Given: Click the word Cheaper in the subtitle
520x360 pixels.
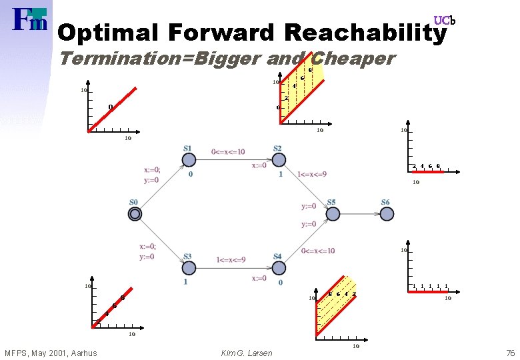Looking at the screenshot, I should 353,59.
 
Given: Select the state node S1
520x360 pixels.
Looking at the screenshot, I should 188,160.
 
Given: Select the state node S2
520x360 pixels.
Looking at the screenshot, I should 279,160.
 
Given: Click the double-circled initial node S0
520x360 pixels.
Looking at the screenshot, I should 135,213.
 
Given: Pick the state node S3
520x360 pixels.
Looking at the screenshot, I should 188,267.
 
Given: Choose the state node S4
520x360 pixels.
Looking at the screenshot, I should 279,267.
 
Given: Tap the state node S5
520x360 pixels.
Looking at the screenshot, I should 332,213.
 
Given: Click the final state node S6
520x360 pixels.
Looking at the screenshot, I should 386,213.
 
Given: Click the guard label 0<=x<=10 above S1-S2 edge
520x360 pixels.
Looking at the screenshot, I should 229,151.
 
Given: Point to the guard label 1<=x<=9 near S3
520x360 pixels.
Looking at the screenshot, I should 231,259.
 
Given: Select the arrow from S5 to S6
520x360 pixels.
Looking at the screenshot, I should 359,213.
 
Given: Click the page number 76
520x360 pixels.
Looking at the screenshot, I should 510,353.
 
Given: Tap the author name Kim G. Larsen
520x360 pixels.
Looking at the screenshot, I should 246,353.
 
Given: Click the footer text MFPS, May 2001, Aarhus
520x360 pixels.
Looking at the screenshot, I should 51,353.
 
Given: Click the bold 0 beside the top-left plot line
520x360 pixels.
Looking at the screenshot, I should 111,107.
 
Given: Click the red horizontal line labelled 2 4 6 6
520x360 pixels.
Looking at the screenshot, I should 427,172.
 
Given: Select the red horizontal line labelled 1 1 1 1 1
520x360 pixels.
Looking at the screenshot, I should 427,292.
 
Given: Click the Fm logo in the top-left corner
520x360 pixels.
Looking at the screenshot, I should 30,20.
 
